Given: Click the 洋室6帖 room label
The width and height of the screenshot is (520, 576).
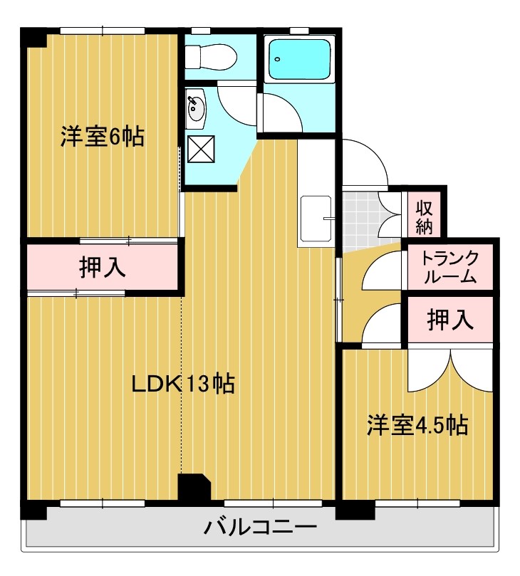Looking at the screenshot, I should (102, 136).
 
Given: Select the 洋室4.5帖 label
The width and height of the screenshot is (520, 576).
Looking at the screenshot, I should (417, 425).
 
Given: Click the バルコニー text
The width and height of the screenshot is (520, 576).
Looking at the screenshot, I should (261, 528).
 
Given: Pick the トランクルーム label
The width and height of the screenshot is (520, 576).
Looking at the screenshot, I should (449, 268).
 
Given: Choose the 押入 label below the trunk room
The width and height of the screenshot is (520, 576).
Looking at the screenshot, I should (450, 320).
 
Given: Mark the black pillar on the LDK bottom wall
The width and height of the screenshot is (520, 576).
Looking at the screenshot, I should (193, 488).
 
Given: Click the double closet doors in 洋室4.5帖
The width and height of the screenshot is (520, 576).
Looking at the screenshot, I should (451, 370).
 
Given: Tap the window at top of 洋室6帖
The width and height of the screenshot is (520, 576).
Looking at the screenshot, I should (103, 31).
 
